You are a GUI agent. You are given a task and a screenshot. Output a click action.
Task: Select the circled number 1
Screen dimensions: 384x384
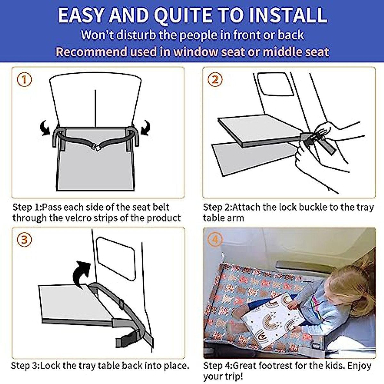[24, 80]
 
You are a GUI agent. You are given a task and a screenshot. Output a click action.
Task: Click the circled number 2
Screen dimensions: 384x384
[215, 80]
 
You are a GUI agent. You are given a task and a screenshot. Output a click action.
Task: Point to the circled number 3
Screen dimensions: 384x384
[24, 240]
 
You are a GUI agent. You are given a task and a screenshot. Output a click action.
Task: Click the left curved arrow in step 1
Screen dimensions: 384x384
[45, 128]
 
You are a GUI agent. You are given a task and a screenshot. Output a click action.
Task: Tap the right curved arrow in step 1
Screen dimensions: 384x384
[146, 128]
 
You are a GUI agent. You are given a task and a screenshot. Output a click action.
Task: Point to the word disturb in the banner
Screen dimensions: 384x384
[136, 35]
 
